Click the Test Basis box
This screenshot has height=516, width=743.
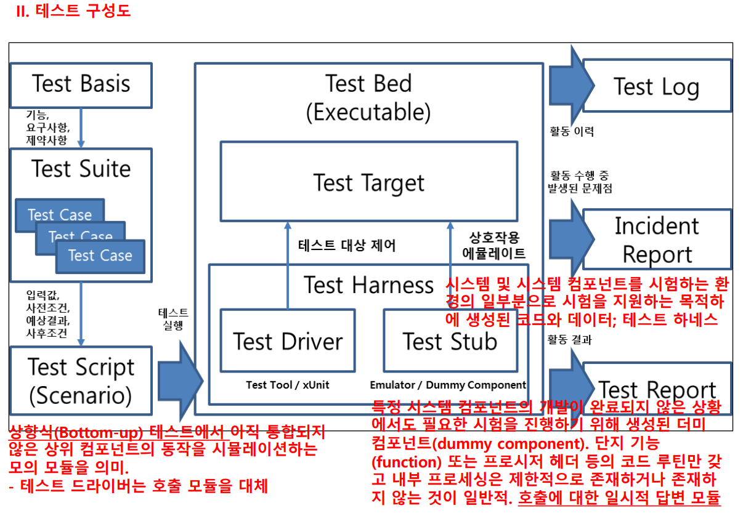[x=81, y=85]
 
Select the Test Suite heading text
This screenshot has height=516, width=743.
[x=81, y=169]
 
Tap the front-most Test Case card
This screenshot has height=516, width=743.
[x=100, y=256]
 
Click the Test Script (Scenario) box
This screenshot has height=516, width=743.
[x=81, y=380]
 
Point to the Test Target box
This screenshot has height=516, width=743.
[x=368, y=182]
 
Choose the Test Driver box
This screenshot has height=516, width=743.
[x=288, y=341]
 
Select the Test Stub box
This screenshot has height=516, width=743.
[x=450, y=341]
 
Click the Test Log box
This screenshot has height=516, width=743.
[x=657, y=86]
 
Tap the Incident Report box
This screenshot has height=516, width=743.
[x=657, y=240]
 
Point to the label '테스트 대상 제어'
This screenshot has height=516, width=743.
[x=347, y=246]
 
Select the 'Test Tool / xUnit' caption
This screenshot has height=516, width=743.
[x=288, y=385]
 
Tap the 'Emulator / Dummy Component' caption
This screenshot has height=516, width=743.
[x=448, y=385]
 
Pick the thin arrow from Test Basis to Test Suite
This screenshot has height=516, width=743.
[x=81, y=128]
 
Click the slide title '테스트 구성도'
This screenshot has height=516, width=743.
[x=73, y=12]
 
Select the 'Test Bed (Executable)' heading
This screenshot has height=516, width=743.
[x=368, y=97]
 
